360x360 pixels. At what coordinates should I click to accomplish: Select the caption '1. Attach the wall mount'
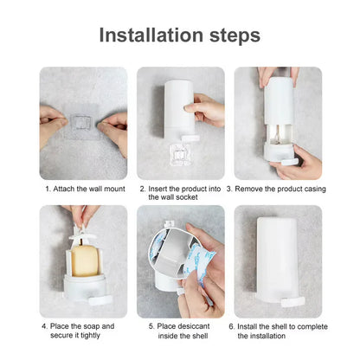pos(83,188)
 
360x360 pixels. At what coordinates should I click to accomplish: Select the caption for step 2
pos(180,192)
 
